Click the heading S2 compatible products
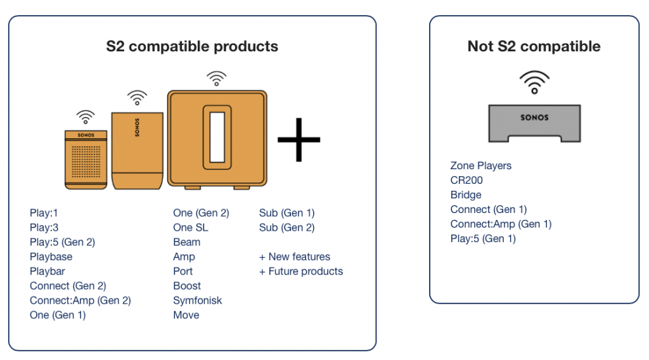pos(192,46)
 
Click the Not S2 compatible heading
pos(534,46)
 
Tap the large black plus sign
pos(299,139)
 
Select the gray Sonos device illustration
pos(534,124)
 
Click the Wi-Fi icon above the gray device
pos(534,82)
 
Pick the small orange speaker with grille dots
pos(85,160)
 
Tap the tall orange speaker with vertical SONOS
pos(138,150)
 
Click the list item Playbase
pos(51,257)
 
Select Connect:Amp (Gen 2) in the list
pos(80,300)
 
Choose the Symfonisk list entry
pos(198,300)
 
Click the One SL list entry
pos(191,228)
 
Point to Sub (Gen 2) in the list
pos(287,228)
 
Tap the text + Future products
pos(301,271)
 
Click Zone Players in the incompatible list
pos(481,165)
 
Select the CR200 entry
pos(466,180)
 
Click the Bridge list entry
pos(466,195)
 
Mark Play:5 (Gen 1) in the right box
pos(483,238)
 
